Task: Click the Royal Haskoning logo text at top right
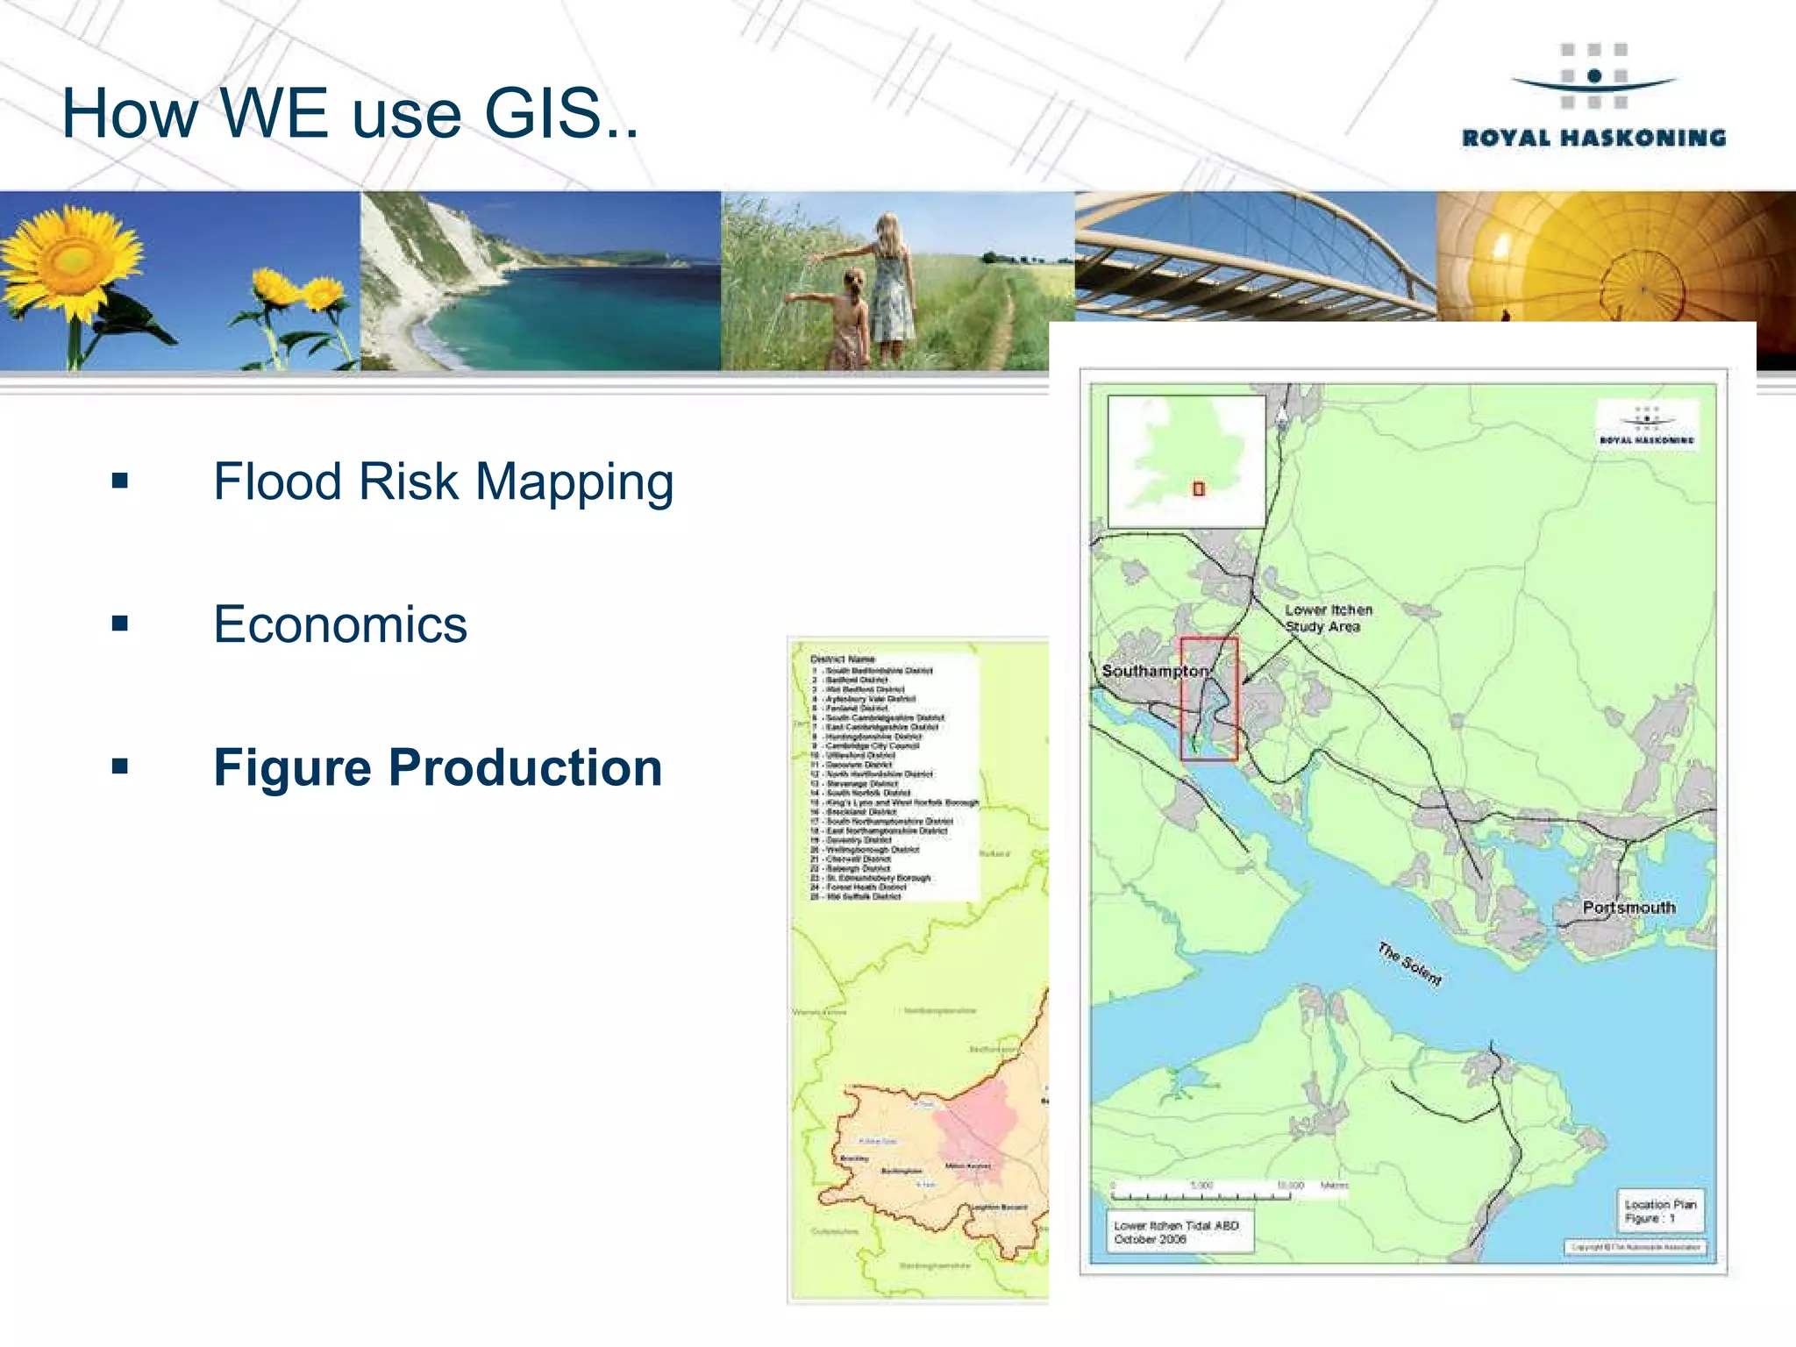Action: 1593,138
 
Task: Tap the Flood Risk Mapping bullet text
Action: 443,481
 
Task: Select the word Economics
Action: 340,624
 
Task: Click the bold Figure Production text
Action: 438,767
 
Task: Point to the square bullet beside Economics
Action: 120,624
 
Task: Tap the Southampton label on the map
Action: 1154,671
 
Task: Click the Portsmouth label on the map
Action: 1629,908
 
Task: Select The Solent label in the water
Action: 1408,964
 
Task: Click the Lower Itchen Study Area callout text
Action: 1328,618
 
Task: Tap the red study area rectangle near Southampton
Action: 1208,699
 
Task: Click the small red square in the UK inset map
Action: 1199,489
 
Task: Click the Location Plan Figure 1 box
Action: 1659,1211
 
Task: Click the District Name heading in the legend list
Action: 842,659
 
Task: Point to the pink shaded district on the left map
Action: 975,1127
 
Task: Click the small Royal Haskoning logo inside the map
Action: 1646,425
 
